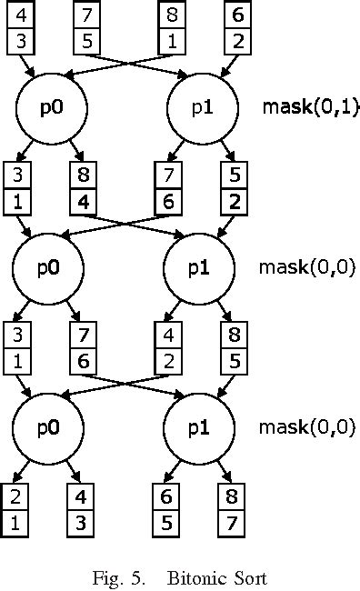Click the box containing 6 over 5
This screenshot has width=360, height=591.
[164, 508]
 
